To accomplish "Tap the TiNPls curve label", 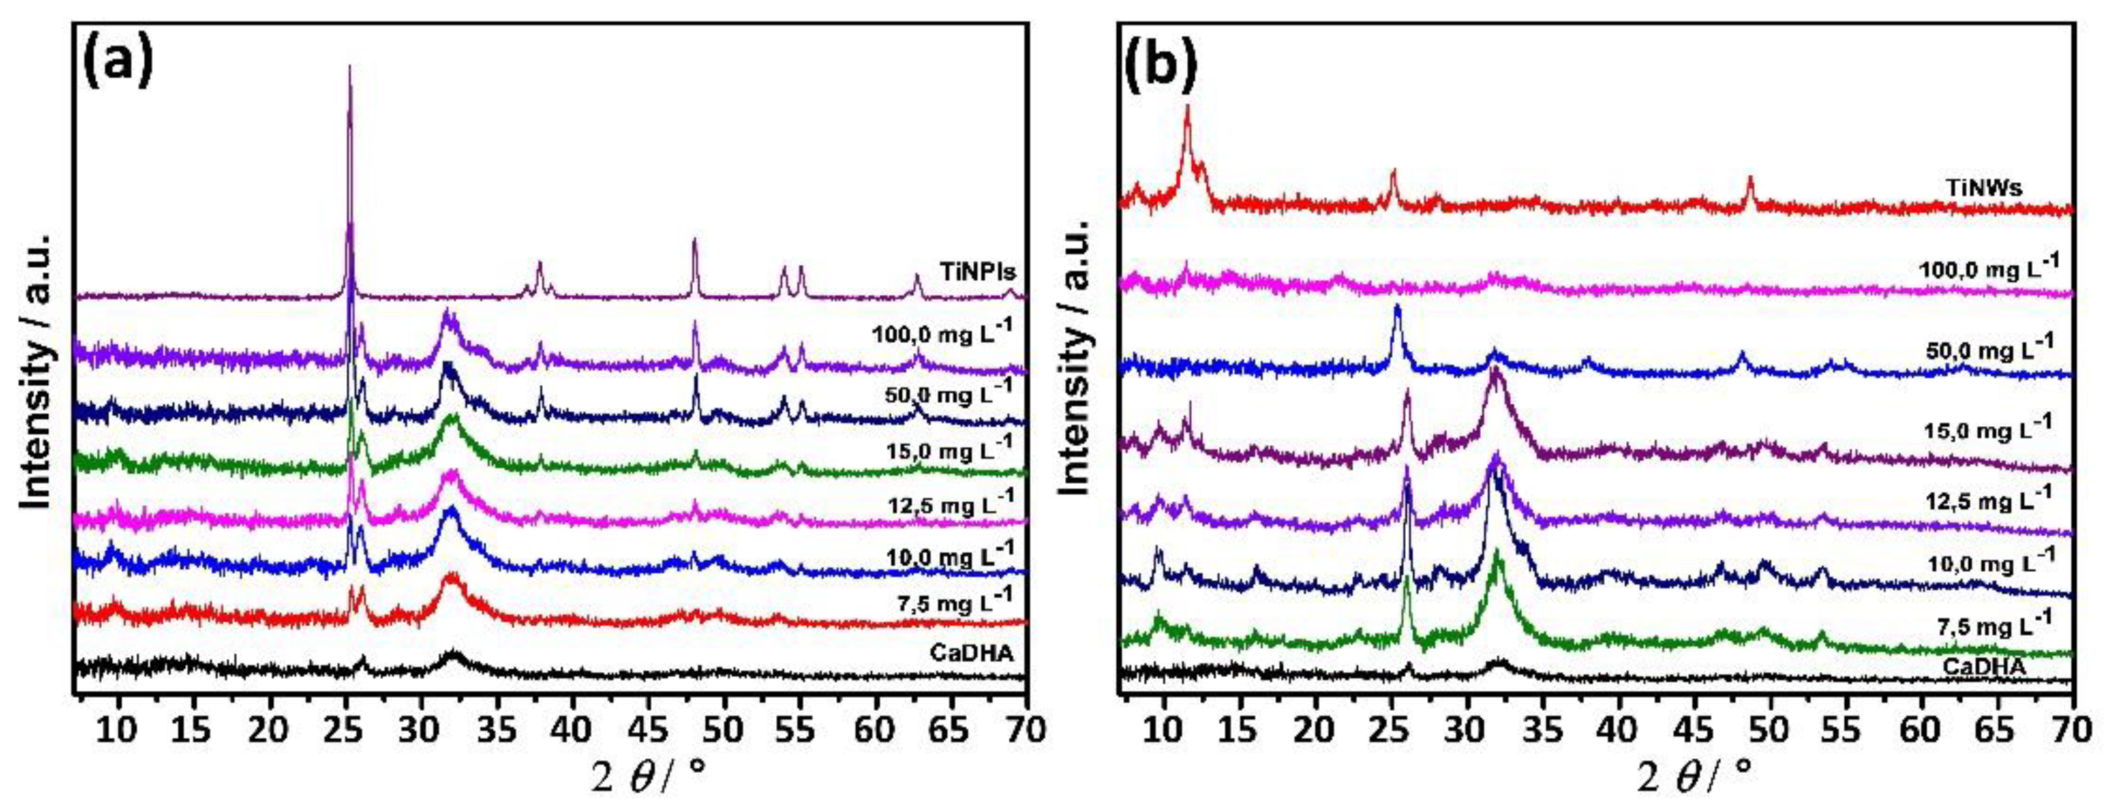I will [972, 270].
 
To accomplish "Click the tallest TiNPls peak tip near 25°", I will [350, 67].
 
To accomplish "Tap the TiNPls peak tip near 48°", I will [694, 240].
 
